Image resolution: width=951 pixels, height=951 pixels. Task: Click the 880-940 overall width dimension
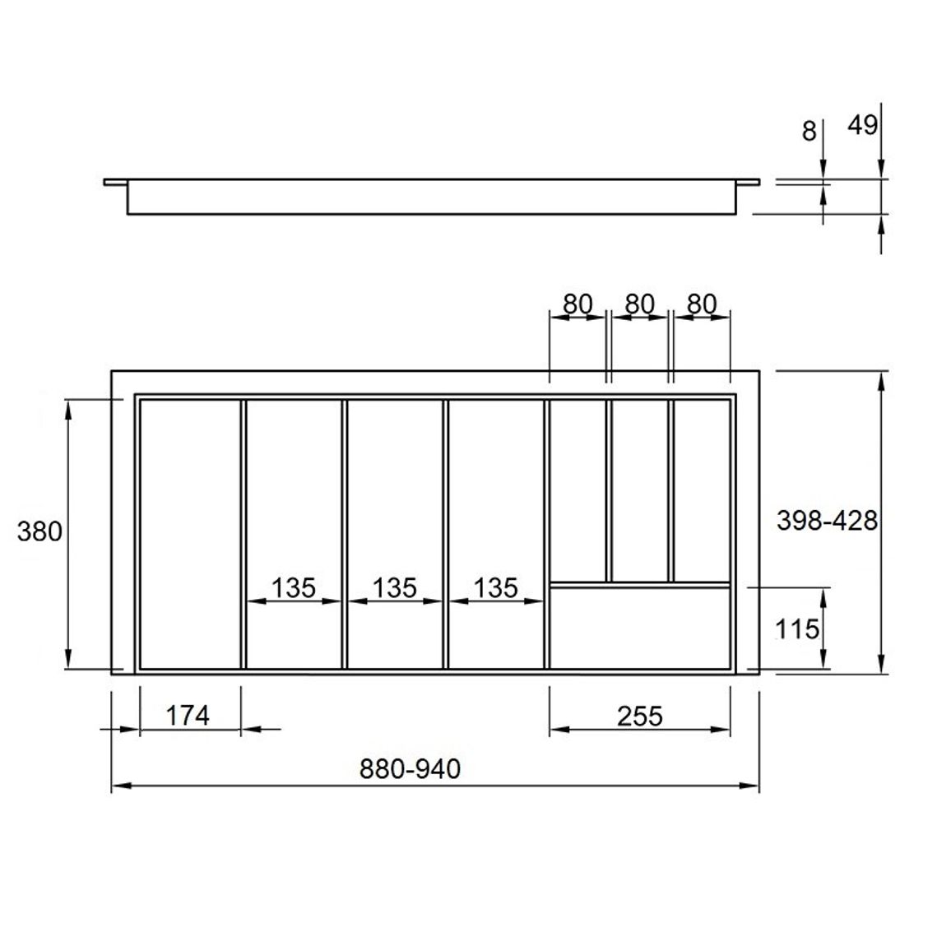(410, 769)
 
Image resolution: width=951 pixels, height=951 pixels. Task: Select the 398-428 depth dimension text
(828, 521)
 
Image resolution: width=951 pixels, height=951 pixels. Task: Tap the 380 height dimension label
(39, 532)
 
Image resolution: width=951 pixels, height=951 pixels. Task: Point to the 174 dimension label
(188, 716)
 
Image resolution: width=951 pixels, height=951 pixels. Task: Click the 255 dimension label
(640, 717)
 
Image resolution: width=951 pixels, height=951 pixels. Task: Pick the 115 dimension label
(797, 629)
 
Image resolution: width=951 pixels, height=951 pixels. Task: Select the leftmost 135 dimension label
(294, 587)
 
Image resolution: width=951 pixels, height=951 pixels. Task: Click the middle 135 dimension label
(395, 587)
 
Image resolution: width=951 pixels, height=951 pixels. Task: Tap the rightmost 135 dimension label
(496, 587)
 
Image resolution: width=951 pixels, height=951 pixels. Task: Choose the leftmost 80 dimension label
(578, 304)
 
